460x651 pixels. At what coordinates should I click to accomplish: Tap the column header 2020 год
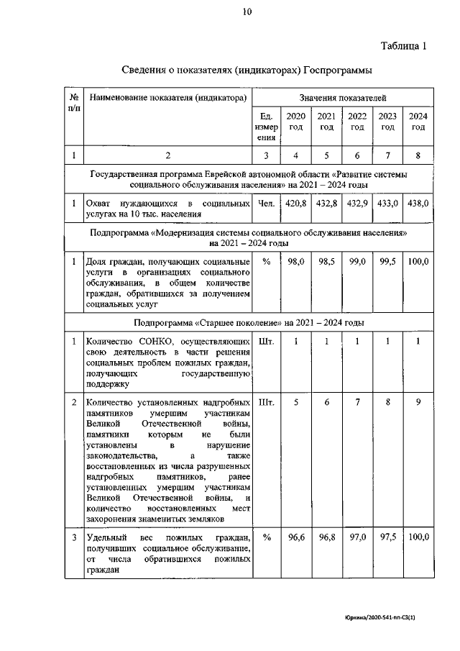(x=295, y=122)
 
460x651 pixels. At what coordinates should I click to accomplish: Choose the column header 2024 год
(x=418, y=122)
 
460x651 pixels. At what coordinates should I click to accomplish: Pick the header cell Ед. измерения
(x=266, y=126)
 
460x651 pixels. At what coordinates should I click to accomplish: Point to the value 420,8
(x=296, y=204)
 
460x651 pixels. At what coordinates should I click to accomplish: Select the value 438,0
(x=418, y=204)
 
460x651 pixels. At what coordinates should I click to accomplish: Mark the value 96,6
(x=296, y=537)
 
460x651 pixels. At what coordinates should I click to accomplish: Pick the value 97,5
(x=388, y=537)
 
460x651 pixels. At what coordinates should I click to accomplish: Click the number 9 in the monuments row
(x=418, y=402)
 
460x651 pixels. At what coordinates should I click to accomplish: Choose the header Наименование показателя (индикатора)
(x=167, y=96)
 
